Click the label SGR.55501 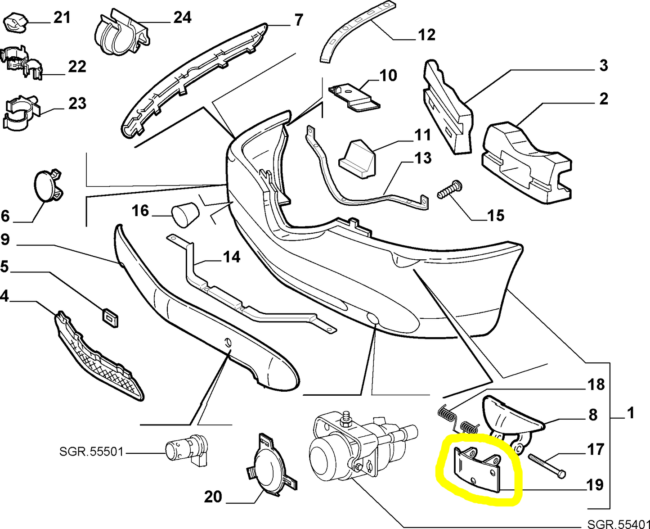tap(91, 451)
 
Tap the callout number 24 tap(182, 18)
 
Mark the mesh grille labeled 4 tap(99, 353)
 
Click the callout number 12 tap(426, 34)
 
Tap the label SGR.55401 tap(619, 524)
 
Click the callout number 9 tap(5, 239)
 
